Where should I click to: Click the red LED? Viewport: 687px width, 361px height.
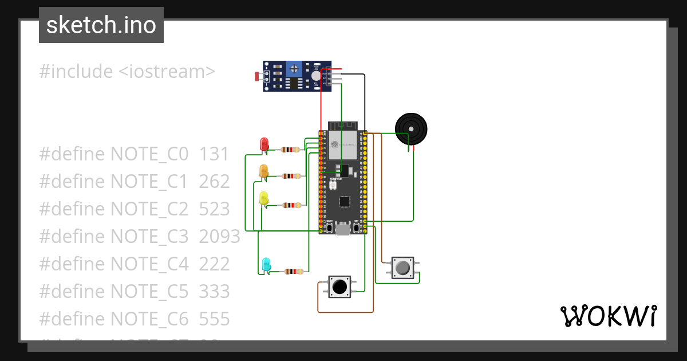pyautogui.click(x=264, y=144)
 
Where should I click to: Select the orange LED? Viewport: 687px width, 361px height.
pyautogui.click(x=264, y=171)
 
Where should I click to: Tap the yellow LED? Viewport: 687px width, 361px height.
pyautogui.click(x=264, y=198)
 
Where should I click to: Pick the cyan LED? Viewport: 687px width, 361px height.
pyautogui.click(x=266, y=265)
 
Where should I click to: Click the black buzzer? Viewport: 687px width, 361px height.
pyautogui.click(x=411, y=128)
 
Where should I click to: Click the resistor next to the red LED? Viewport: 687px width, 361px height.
pyautogui.click(x=289, y=150)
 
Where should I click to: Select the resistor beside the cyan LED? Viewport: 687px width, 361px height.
pyautogui.click(x=294, y=272)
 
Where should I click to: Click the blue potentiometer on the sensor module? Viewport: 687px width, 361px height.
pyautogui.click(x=294, y=69)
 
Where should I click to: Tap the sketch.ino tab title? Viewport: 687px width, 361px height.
pyautogui.click(x=101, y=25)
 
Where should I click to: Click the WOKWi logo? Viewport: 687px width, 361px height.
pyautogui.click(x=608, y=316)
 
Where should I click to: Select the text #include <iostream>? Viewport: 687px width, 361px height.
pyautogui.click(x=127, y=72)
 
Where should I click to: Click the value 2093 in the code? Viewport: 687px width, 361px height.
pyautogui.click(x=219, y=236)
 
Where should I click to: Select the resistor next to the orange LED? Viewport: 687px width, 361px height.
pyautogui.click(x=291, y=176)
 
